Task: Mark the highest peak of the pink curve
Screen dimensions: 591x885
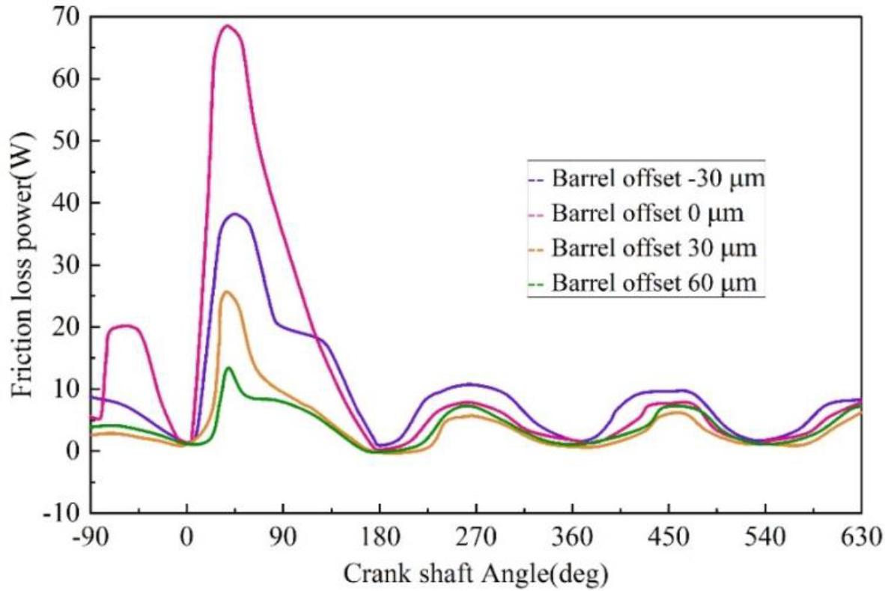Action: coord(228,25)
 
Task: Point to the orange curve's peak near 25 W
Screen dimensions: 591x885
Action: coord(225,291)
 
